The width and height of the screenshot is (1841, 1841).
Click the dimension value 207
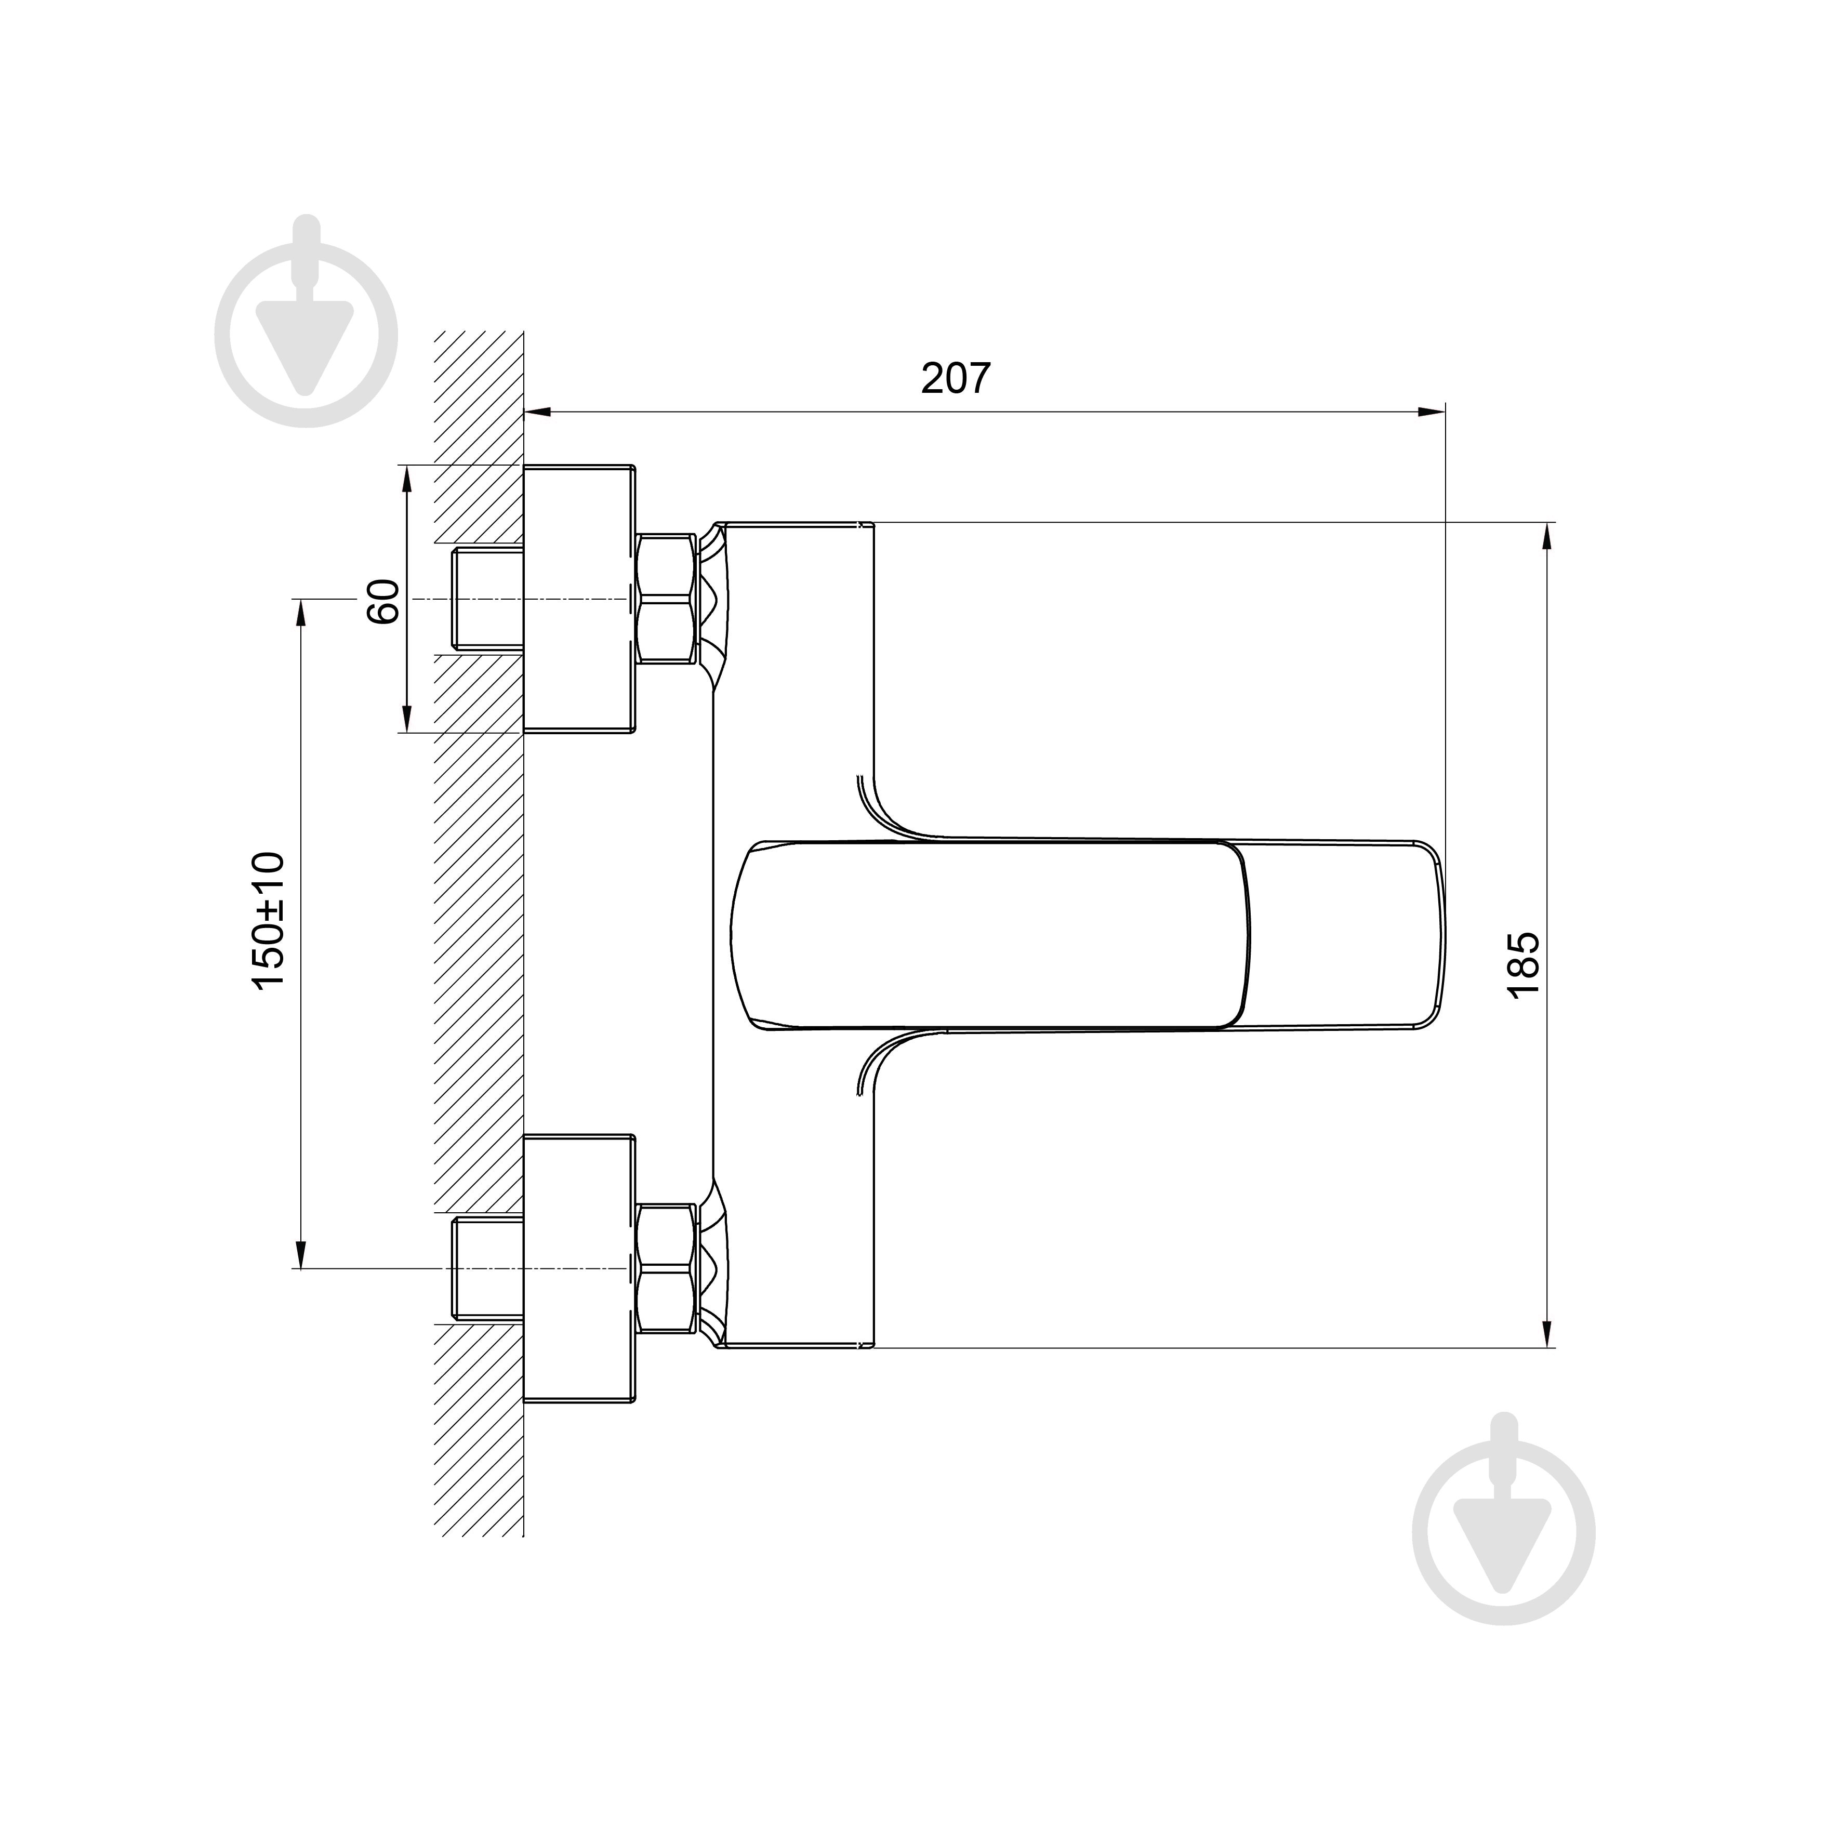[x=956, y=378]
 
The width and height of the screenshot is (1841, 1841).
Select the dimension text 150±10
[x=269, y=921]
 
